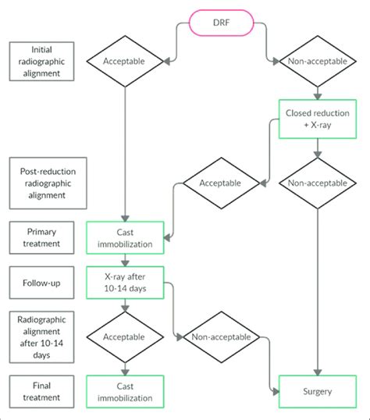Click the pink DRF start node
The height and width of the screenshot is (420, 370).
221,23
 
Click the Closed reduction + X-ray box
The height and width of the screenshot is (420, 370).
317,119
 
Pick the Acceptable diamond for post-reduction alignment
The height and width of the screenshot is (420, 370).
222,184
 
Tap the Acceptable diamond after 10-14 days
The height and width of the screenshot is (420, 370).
126,337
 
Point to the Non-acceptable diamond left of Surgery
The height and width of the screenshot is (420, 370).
222,337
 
